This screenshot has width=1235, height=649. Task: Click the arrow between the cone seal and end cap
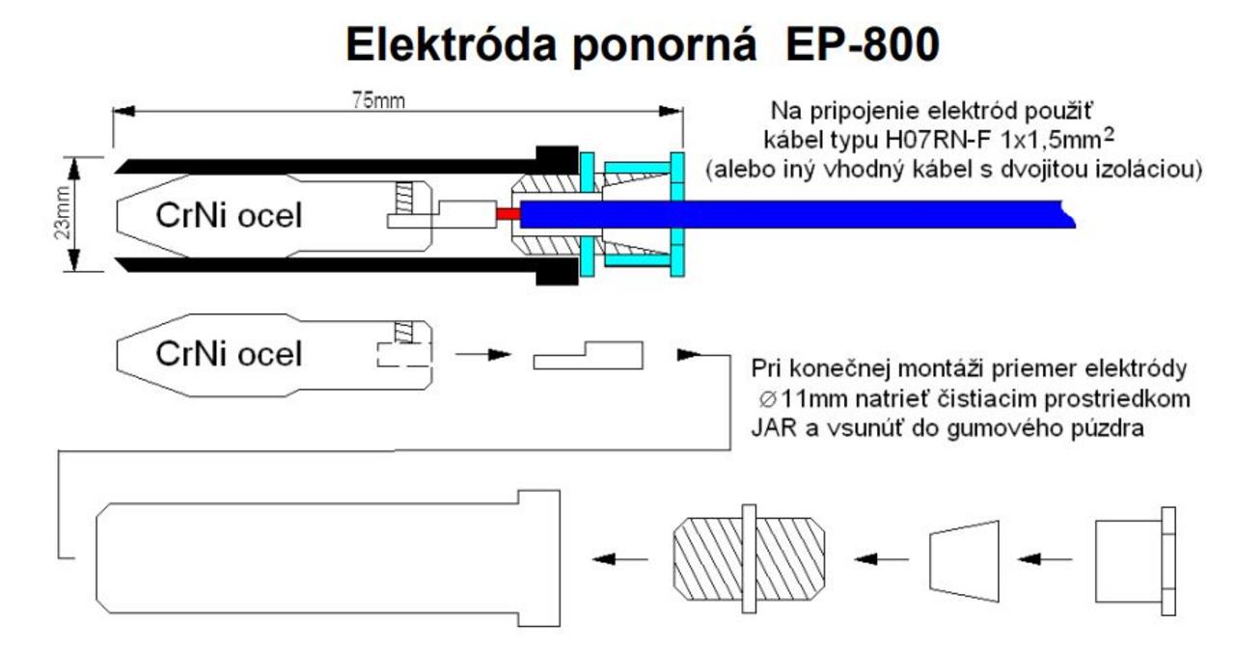click(1047, 557)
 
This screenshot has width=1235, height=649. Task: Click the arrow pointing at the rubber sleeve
click(617, 557)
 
